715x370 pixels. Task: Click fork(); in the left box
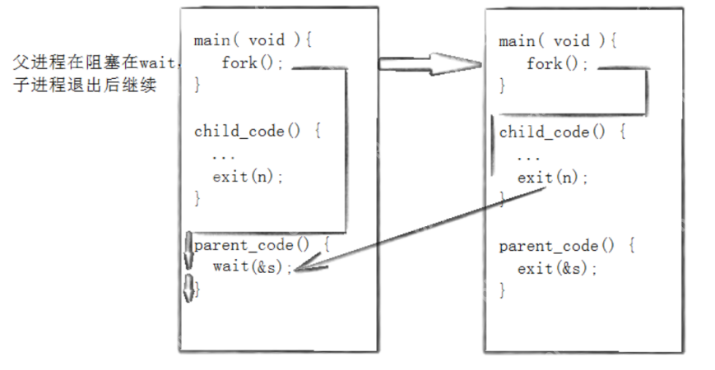[x=253, y=62]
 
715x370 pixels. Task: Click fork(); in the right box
[x=558, y=63]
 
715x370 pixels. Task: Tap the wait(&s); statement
[x=252, y=266]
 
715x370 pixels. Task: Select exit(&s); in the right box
[x=557, y=268]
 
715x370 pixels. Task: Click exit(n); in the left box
[x=248, y=176]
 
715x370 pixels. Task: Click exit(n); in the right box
[x=553, y=178]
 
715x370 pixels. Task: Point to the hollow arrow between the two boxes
[x=430, y=64]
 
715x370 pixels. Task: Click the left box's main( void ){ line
[x=253, y=40]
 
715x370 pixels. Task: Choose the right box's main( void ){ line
[x=558, y=41]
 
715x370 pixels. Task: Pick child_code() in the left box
[x=248, y=132]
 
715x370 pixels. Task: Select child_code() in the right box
[x=552, y=132]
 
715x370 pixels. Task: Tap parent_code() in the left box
[x=252, y=245]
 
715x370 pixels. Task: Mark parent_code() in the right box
[x=556, y=246]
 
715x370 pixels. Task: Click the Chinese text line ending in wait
[x=95, y=62]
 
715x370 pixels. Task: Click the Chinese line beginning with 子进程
[x=85, y=85]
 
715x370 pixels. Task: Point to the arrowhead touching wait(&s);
[x=306, y=266]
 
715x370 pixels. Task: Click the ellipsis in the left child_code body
[x=224, y=157]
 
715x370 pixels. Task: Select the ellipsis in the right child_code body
[x=528, y=158]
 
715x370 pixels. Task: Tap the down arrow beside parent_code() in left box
[x=188, y=251]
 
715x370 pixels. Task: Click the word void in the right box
[x=571, y=41]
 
